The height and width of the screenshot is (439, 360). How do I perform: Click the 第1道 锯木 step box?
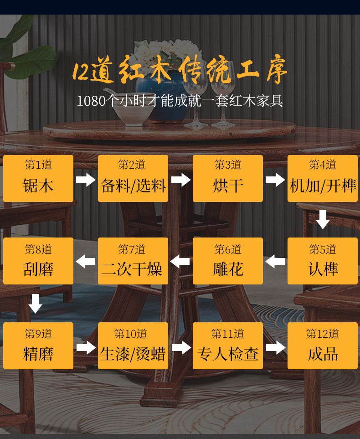coord(38,178)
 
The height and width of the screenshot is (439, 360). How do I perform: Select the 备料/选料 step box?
coord(133,178)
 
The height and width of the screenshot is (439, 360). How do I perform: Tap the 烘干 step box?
coord(228,178)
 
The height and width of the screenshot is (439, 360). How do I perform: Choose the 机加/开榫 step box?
coord(323,178)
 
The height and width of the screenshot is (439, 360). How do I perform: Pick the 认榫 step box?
coord(323,261)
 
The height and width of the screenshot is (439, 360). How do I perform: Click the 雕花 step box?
coord(228,261)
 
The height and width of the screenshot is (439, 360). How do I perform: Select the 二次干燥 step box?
coord(133,261)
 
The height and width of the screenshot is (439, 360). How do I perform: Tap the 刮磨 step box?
coord(38,261)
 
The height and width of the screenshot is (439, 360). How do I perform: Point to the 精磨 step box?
coord(38,346)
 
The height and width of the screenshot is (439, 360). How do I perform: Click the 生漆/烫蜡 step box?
coord(133,346)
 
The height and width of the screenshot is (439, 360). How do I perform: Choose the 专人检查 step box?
coord(228,346)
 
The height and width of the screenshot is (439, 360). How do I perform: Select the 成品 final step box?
coord(323,346)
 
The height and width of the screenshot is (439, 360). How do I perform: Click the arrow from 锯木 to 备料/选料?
coord(86,180)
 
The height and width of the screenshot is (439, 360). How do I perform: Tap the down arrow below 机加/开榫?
coord(323,219)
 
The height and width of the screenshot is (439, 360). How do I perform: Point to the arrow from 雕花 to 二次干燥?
coord(180,262)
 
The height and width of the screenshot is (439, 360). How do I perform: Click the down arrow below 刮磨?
coord(36,304)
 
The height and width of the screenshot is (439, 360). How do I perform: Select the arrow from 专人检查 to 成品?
coord(275,347)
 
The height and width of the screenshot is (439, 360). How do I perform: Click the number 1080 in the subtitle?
coord(91,101)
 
